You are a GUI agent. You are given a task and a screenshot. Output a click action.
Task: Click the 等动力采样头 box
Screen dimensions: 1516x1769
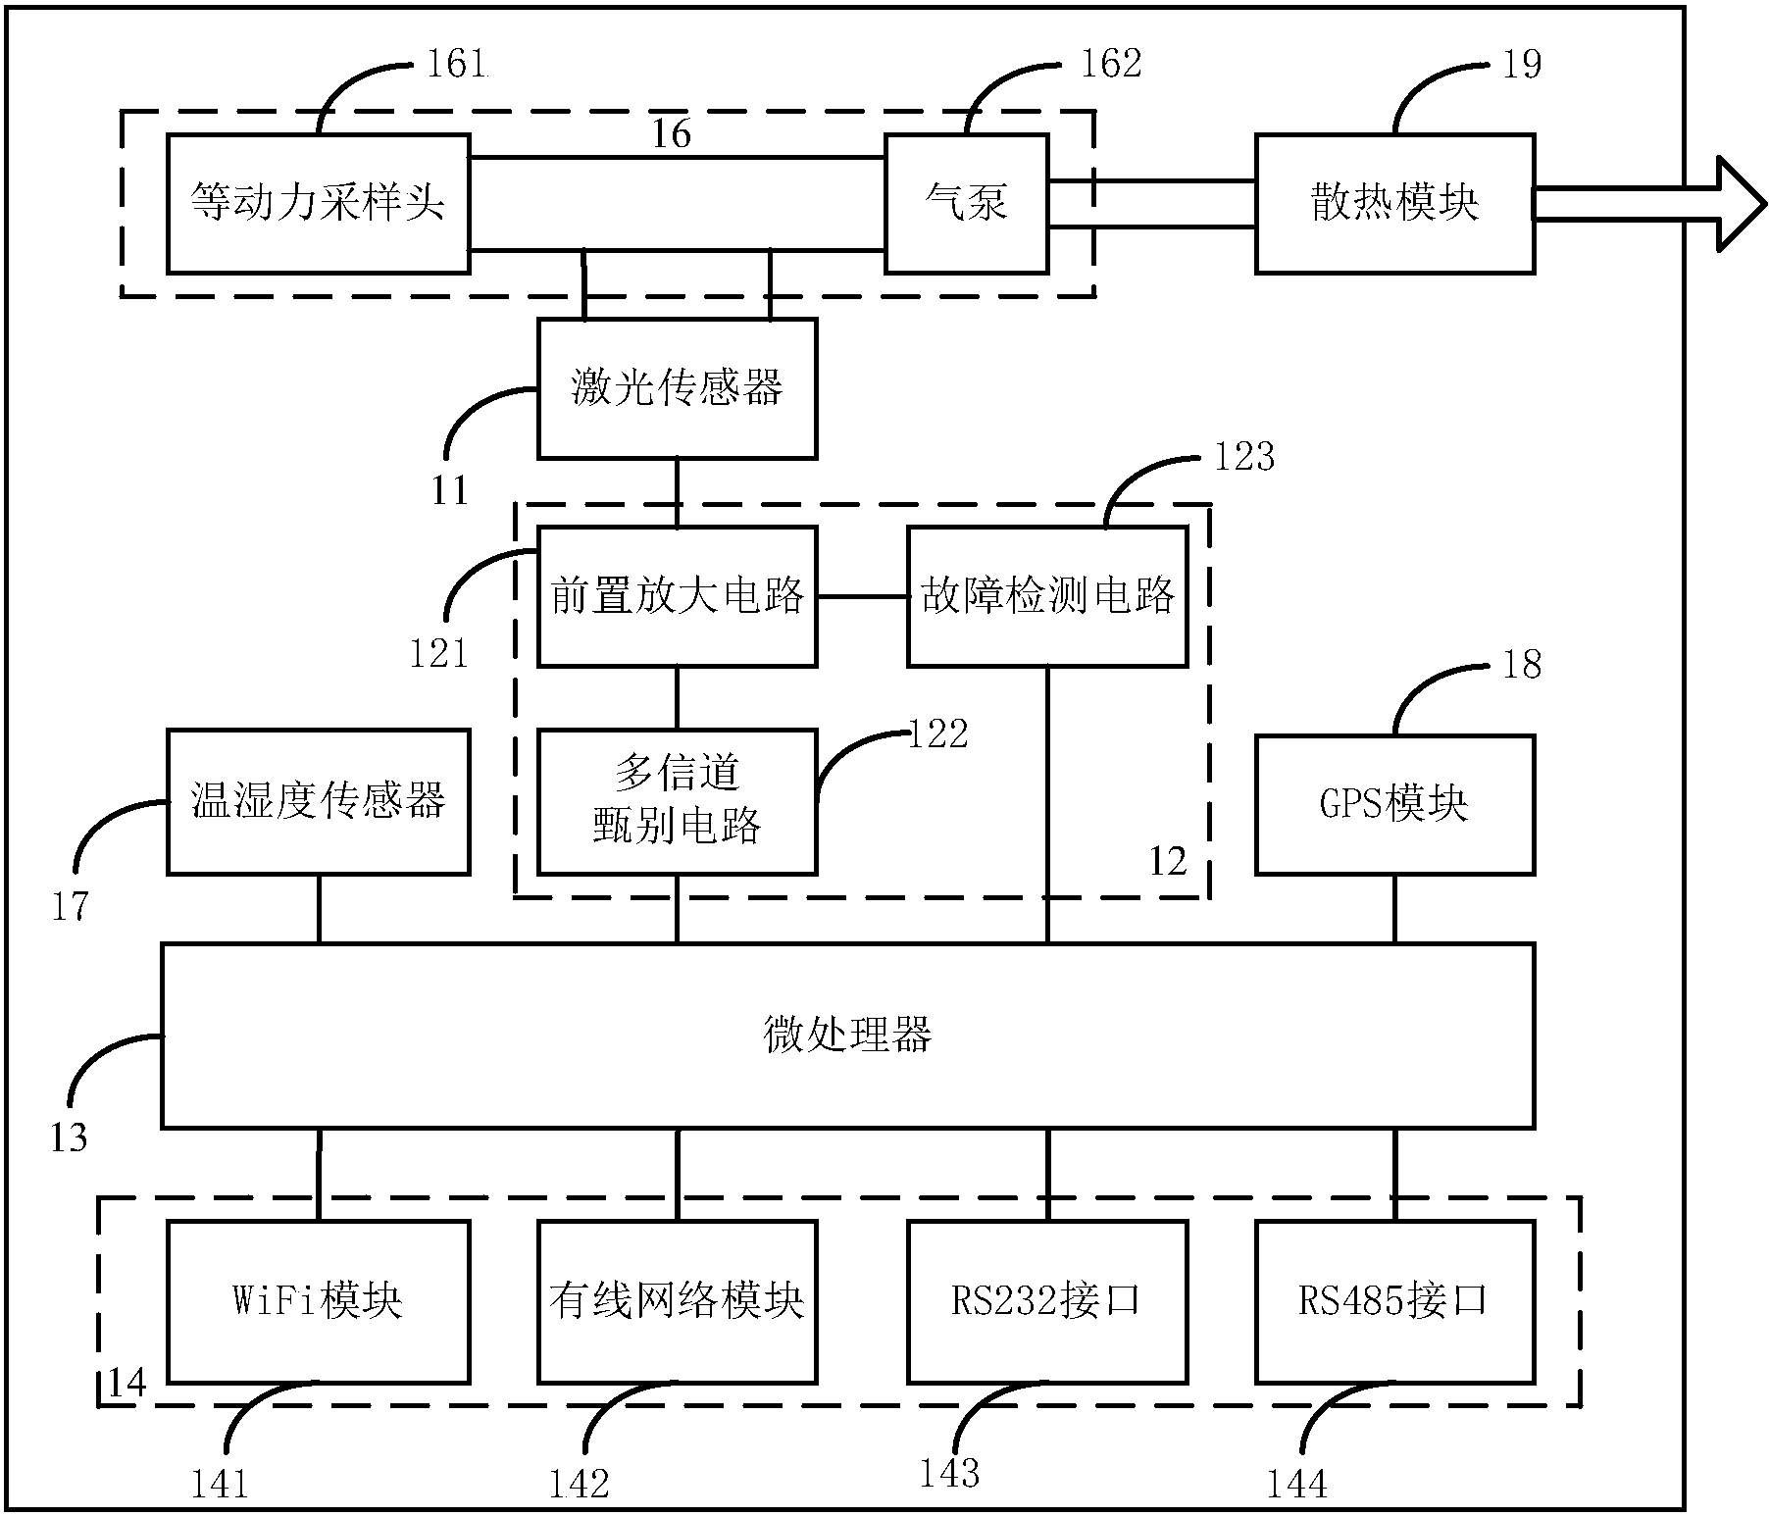click(x=318, y=203)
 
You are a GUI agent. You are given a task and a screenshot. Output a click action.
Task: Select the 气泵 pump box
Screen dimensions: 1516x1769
click(x=966, y=203)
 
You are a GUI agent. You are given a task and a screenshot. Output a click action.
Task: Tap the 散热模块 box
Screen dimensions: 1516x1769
click(x=1394, y=203)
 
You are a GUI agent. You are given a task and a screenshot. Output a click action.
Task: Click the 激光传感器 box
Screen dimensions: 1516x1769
click(x=677, y=388)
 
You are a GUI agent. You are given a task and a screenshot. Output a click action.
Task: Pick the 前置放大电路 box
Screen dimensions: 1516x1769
click(x=677, y=596)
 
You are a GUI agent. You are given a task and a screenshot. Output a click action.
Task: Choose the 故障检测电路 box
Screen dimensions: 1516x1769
click(x=1047, y=596)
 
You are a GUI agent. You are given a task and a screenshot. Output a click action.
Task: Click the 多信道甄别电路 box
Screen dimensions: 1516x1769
click(x=677, y=801)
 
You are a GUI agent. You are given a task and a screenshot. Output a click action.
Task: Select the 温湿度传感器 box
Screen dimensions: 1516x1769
click(x=318, y=801)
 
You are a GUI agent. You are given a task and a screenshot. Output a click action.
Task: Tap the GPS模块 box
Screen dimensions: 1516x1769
click(x=1394, y=803)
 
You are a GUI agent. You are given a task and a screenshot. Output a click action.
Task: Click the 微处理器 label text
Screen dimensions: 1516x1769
click(x=847, y=1035)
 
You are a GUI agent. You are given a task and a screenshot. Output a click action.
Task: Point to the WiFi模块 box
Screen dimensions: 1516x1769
click(x=318, y=1301)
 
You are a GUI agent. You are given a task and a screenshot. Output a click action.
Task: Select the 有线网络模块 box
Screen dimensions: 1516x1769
click(x=677, y=1301)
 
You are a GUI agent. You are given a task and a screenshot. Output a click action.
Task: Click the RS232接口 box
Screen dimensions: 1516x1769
click(x=1047, y=1301)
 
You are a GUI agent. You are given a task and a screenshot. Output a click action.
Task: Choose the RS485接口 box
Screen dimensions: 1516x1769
click(x=1394, y=1301)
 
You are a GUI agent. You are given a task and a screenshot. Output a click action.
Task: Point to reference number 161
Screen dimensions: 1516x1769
click(x=457, y=65)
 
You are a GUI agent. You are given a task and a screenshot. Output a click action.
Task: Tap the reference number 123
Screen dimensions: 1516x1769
click(x=1243, y=457)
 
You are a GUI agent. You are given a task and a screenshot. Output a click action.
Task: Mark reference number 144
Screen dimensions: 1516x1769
click(x=1296, y=1484)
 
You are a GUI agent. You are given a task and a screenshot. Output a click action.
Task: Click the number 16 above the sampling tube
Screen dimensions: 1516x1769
click(x=672, y=133)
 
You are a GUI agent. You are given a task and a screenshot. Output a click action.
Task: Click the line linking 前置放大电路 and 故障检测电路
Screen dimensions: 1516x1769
click(x=862, y=596)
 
